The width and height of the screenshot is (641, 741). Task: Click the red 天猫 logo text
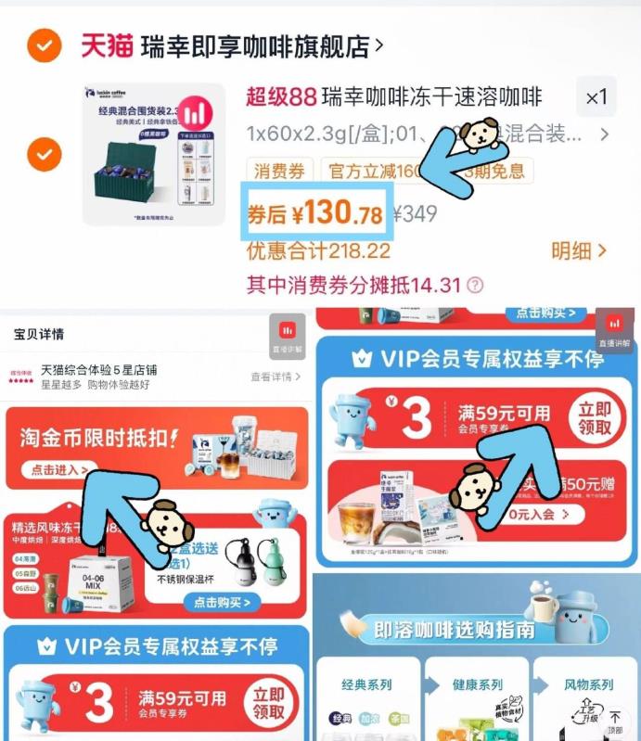[108, 45]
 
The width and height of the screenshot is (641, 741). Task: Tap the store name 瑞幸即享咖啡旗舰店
[254, 45]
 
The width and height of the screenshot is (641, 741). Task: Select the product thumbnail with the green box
[153, 155]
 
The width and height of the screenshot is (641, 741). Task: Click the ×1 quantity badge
[596, 97]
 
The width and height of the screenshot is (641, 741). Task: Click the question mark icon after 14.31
[475, 285]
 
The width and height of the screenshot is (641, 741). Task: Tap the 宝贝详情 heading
[39, 334]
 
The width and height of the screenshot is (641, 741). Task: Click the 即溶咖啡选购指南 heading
[455, 631]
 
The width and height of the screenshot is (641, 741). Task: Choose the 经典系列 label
[366, 685]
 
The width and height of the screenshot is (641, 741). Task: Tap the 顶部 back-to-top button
[615, 722]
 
